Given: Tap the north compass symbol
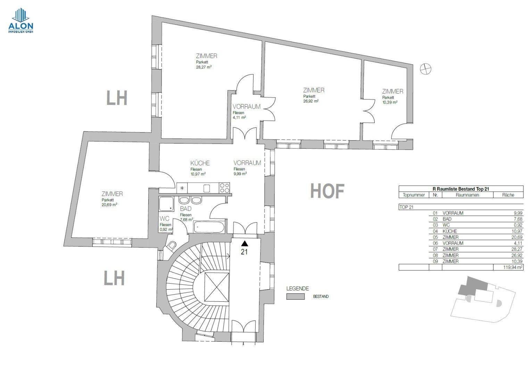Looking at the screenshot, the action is (x=425, y=69).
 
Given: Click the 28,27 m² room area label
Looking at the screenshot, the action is (x=204, y=67).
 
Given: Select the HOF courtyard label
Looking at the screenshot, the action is (x=327, y=191).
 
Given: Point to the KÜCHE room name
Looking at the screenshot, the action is (x=200, y=163).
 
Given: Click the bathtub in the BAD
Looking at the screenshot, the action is (x=209, y=227).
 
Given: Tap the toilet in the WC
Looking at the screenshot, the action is (x=172, y=247).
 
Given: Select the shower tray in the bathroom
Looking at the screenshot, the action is (x=166, y=204).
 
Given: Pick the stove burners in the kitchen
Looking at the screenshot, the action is (x=224, y=188).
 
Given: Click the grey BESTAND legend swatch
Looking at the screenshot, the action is (x=295, y=297).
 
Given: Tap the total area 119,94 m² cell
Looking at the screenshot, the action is (x=508, y=267).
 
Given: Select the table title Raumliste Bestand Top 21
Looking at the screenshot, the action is (x=461, y=189).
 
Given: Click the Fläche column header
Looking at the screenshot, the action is (x=508, y=195).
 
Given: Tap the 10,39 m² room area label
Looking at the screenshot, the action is (x=390, y=102).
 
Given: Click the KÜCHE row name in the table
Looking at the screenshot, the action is (x=450, y=231).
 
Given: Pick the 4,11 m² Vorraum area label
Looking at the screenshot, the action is (x=239, y=118).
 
